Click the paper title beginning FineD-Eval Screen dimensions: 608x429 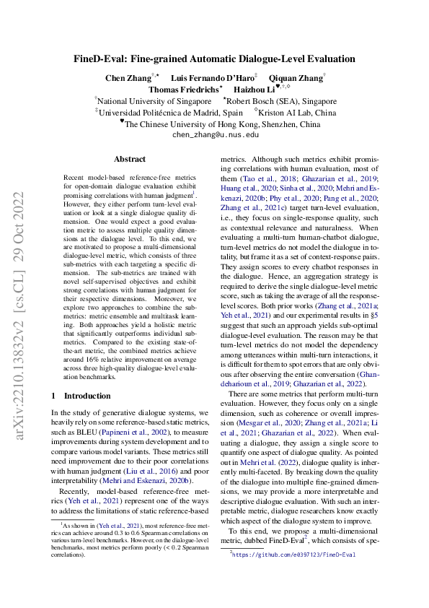pyautogui.click(x=215, y=58)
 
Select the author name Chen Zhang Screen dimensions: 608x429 pyautogui.click(x=125, y=78)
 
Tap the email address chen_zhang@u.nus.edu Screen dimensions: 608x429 pyautogui.click(x=215, y=134)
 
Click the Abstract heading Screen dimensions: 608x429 pyautogui.click(x=130, y=159)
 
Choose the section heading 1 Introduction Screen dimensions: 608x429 pyautogui.click(x=84, y=396)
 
